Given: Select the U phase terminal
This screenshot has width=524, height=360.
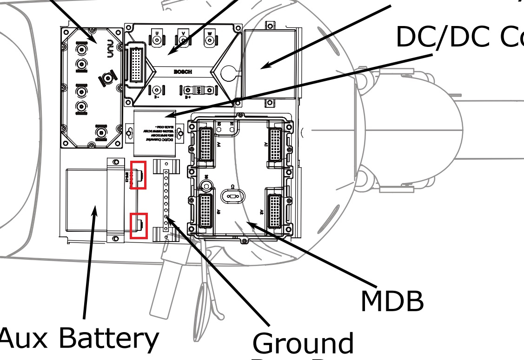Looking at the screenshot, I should (x=157, y=40).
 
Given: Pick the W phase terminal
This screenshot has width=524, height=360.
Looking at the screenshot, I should (x=210, y=40).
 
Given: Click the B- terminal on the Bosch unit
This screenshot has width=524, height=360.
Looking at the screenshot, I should (x=157, y=90).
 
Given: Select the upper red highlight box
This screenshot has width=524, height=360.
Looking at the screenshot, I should (x=139, y=175).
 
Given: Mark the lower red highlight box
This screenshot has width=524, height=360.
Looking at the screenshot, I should (x=139, y=226).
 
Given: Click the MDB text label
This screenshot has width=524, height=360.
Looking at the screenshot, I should (x=392, y=301).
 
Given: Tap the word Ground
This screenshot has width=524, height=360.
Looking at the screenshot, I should (x=303, y=343).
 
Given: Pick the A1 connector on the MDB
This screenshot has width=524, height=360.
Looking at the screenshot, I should (x=276, y=143).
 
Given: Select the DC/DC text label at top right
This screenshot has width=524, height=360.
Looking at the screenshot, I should (x=437, y=37).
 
